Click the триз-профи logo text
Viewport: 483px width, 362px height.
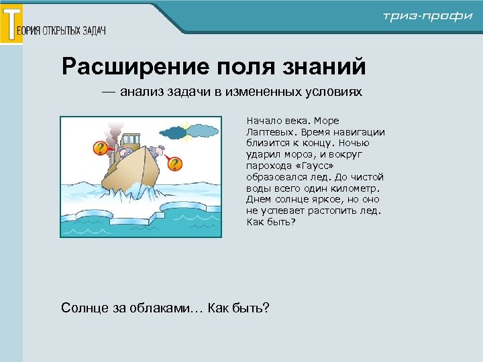tap(427, 16)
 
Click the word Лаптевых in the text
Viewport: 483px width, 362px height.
tap(268, 132)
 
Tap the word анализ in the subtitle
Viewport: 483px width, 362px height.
tap(142, 92)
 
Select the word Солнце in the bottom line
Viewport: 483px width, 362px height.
tap(83, 308)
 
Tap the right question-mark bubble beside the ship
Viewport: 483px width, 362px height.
tap(174, 163)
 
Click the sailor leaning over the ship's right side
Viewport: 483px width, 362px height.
tap(158, 152)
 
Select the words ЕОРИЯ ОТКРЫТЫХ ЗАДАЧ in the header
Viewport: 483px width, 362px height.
tap(65, 31)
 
